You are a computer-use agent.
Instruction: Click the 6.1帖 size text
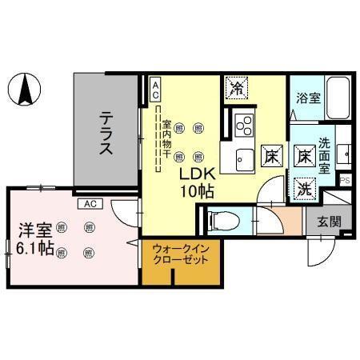pos(35,249)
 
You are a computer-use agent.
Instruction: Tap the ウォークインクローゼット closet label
pos(181,255)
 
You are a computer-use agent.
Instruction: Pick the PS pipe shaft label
pos(346,181)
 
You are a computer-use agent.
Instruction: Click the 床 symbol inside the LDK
pos(271,156)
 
